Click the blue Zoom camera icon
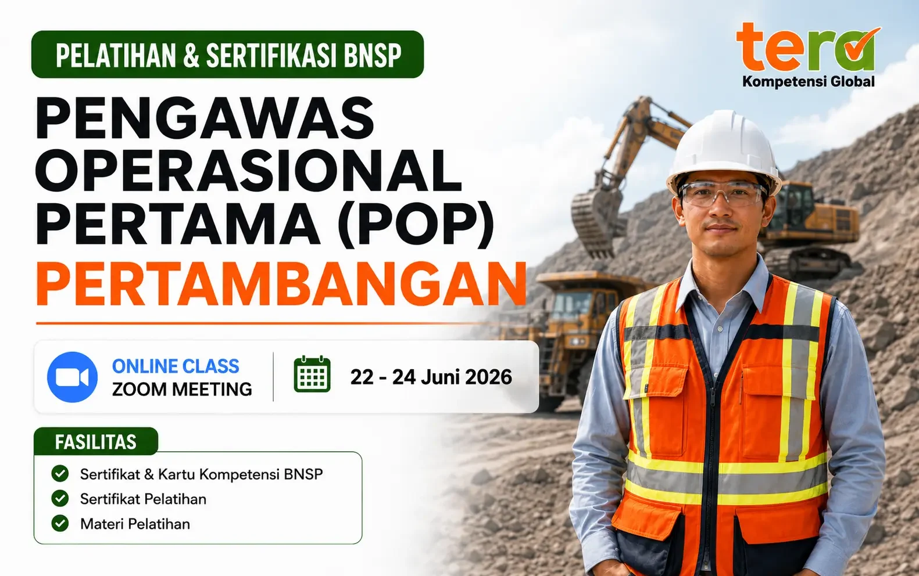pyautogui.click(x=72, y=377)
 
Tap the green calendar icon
pyautogui.click(x=312, y=375)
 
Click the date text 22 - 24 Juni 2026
pyautogui.click(x=431, y=377)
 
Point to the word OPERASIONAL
pyautogui.click(x=249, y=172)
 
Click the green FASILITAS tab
pyautogui.click(x=95, y=441)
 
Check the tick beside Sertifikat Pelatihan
pyautogui.click(x=60, y=499)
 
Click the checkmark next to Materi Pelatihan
pyautogui.click(x=60, y=524)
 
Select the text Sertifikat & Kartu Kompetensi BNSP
pyautogui.click(x=202, y=474)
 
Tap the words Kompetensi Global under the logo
pyautogui.click(x=809, y=82)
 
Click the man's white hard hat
pyautogui.click(x=724, y=152)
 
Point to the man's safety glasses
pyautogui.click(x=723, y=194)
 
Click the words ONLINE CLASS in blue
pyautogui.click(x=176, y=366)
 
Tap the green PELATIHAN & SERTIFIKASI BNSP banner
pyautogui.click(x=227, y=55)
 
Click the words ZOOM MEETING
pyautogui.click(x=182, y=389)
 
